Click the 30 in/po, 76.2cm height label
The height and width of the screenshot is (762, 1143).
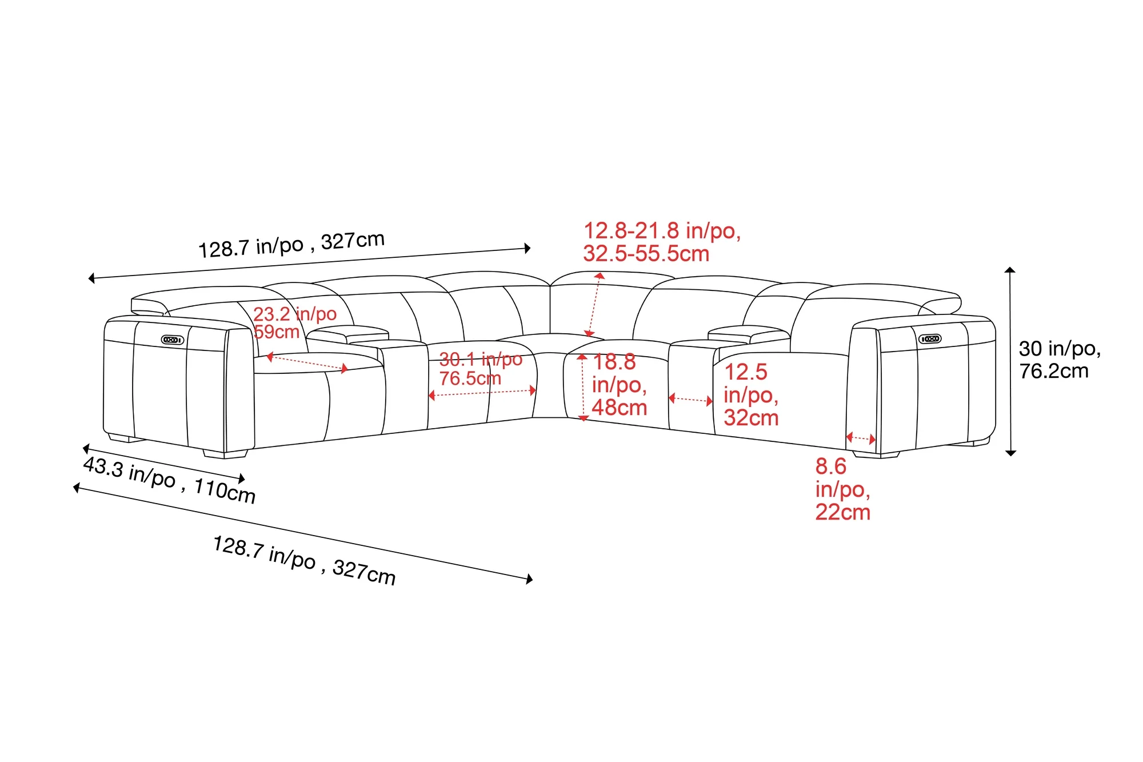(x=1060, y=360)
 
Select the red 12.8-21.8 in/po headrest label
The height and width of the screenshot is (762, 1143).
(x=662, y=242)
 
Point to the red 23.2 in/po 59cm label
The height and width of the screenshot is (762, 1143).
(x=295, y=322)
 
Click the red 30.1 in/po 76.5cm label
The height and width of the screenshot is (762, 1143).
(x=481, y=369)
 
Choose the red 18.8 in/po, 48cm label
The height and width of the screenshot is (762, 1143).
(x=620, y=385)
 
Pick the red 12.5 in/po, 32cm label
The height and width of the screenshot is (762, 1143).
(x=752, y=395)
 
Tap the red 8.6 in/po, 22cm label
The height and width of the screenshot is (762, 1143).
(x=843, y=489)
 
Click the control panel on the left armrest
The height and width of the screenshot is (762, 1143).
(x=173, y=340)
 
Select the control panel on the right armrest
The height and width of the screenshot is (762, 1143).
(x=930, y=339)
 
